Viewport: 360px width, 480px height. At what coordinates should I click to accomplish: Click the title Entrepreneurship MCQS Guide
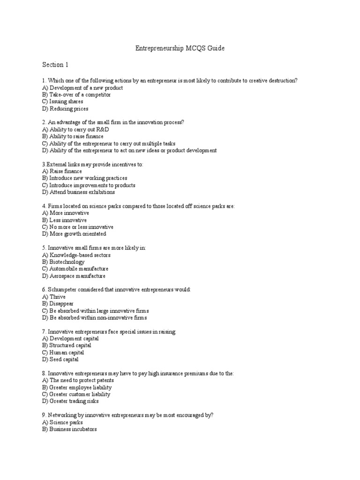click(x=180, y=48)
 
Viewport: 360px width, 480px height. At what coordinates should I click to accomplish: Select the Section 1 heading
click(x=55, y=64)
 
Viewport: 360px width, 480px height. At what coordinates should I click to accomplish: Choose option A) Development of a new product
click(x=82, y=88)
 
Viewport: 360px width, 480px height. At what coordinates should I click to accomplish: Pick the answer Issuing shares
click(x=62, y=102)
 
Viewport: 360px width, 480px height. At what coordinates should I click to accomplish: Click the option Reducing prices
click(x=65, y=109)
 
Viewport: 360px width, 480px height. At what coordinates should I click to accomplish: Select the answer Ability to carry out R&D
click(x=75, y=129)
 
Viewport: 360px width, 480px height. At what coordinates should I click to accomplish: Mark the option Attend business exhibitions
click(x=78, y=192)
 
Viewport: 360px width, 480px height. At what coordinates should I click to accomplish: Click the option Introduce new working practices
click(x=84, y=178)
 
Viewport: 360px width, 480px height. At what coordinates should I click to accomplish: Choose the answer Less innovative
click(x=64, y=220)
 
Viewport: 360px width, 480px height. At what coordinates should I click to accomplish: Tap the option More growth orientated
click(x=74, y=234)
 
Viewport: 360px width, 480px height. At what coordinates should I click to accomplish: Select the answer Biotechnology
click(x=63, y=262)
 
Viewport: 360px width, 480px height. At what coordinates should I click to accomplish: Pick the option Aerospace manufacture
click(x=74, y=276)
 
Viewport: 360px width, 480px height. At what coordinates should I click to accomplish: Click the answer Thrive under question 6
click(x=54, y=297)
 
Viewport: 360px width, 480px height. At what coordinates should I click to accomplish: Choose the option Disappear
click(x=58, y=304)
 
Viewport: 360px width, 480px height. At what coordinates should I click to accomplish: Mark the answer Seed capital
click(x=60, y=360)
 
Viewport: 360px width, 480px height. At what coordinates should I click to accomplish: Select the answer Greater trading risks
click(x=70, y=401)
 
